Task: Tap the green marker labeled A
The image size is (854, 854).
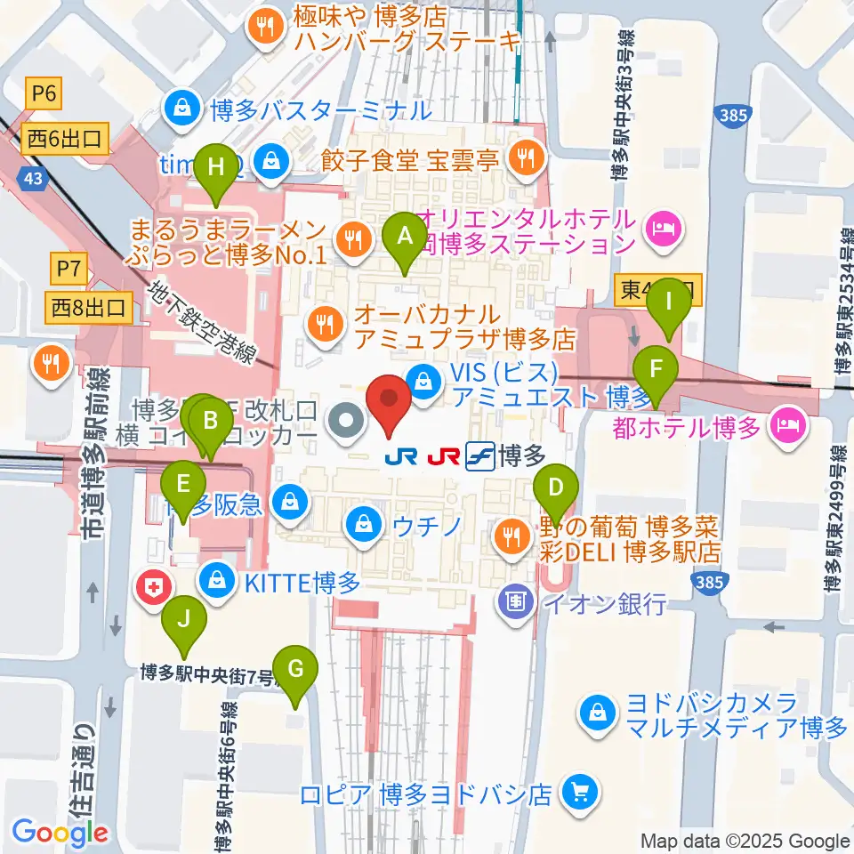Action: point(405,238)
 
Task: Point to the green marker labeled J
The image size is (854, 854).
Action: point(183,618)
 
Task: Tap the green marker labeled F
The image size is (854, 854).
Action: point(657,370)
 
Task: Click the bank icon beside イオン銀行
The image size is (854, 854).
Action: point(516,604)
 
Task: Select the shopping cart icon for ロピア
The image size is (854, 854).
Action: point(579,792)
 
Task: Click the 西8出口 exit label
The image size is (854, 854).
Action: point(91,309)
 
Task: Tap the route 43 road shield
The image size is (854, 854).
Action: point(34,179)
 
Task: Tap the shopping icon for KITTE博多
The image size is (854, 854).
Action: point(215,583)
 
